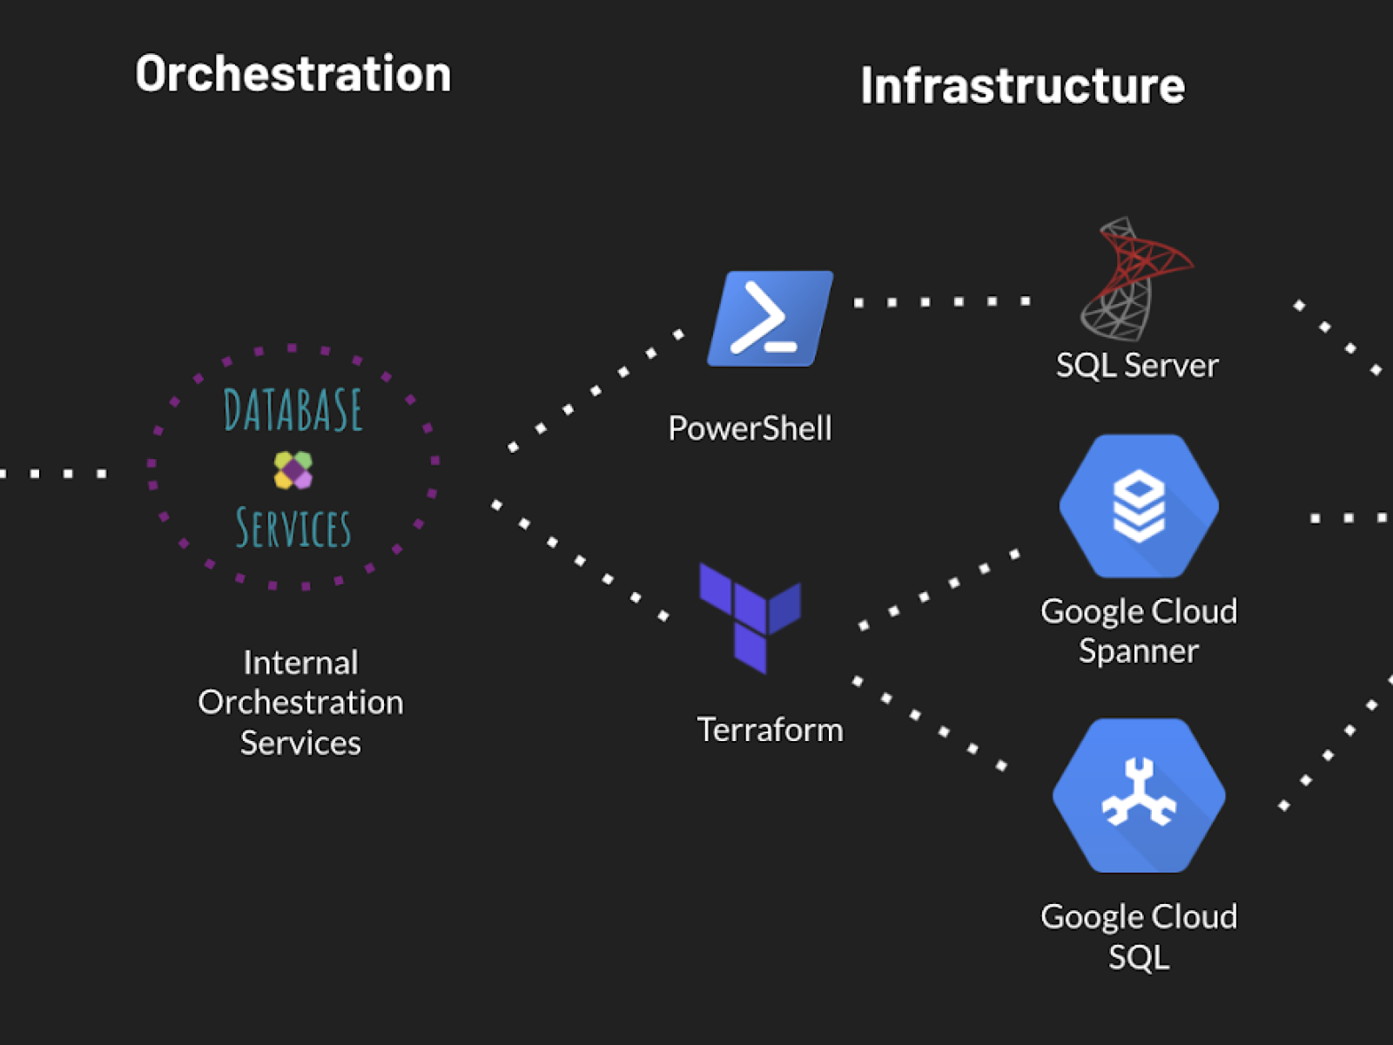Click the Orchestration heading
coord(293,74)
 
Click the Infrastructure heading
coord(1022,85)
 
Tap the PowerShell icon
coord(770,319)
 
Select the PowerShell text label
coord(750,428)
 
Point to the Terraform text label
coord(770,730)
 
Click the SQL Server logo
coord(1134,280)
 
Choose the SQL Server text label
coord(1136,366)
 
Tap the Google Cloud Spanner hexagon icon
coord(1138,506)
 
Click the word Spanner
coord(1138,651)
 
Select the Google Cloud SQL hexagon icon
coord(1138,795)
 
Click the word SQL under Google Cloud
coord(1138,957)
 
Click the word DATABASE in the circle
coord(293,410)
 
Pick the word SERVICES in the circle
coord(293,529)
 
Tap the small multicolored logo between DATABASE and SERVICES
coord(293,470)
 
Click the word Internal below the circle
coord(300,663)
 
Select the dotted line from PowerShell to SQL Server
coord(942,302)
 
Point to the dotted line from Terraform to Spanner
coord(939,590)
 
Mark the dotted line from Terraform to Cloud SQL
coord(930,724)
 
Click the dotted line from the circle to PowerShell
coord(596,390)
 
